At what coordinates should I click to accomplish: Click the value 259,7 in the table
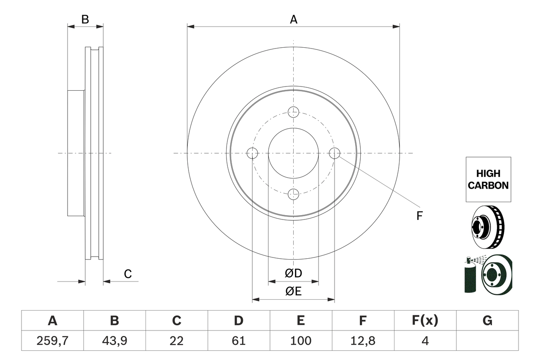click(52, 341)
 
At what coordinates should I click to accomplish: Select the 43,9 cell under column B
click(114, 341)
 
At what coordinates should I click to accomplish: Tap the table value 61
click(238, 341)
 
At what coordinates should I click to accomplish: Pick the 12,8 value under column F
click(362, 341)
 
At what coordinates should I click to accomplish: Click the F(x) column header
click(425, 321)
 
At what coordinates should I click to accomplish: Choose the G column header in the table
click(487, 321)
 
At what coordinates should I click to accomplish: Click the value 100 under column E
click(300, 341)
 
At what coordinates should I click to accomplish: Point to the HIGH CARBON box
click(488, 179)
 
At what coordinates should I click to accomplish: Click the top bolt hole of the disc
click(293, 112)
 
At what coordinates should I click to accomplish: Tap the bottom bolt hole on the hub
click(293, 194)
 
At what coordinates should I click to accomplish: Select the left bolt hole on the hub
click(252, 153)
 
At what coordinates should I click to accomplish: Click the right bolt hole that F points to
click(334, 153)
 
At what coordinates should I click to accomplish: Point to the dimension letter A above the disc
click(294, 19)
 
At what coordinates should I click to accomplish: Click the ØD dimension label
click(294, 273)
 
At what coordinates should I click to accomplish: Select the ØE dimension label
click(294, 291)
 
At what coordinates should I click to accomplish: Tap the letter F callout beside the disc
click(419, 216)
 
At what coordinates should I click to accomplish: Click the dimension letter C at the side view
click(128, 274)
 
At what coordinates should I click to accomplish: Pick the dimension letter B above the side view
click(85, 19)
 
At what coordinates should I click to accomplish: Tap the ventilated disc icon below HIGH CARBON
click(487, 227)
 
